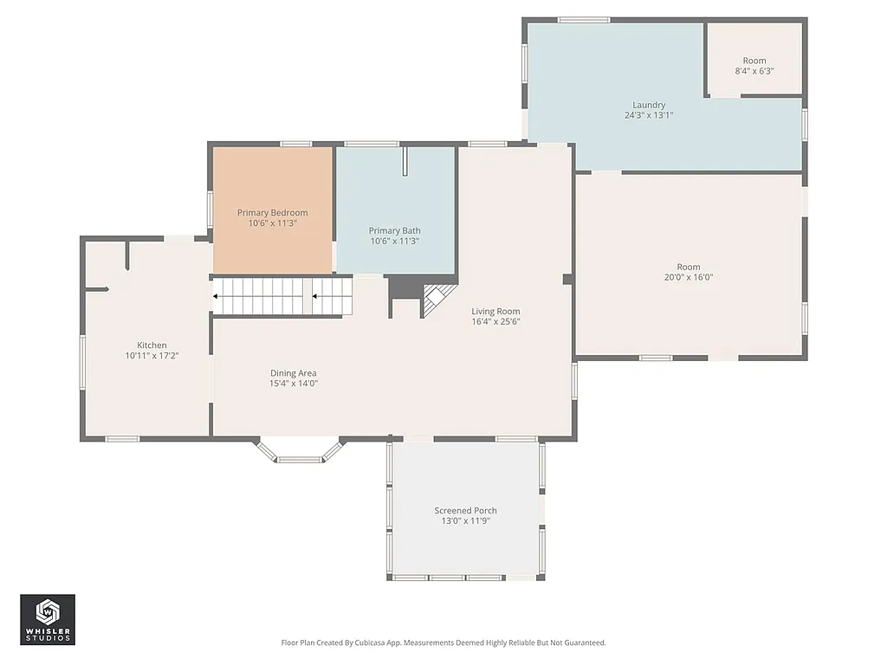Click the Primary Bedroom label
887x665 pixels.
pos(272,213)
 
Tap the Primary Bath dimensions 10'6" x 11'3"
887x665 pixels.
pos(394,242)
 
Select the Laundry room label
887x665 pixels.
pos(648,105)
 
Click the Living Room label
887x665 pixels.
pos(495,311)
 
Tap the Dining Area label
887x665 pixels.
pos(293,373)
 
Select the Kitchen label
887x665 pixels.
pos(152,345)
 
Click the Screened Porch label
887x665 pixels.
pos(465,510)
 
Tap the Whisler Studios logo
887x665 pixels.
pos(48,619)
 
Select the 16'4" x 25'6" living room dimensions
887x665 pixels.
pos(495,322)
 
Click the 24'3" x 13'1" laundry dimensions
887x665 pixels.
pos(648,115)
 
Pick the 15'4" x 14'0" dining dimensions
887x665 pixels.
pos(293,384)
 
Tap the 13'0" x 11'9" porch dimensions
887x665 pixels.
pos(465,520)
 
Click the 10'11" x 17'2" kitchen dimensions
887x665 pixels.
pos(152,355)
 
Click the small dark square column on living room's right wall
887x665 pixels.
pos(567,279)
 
